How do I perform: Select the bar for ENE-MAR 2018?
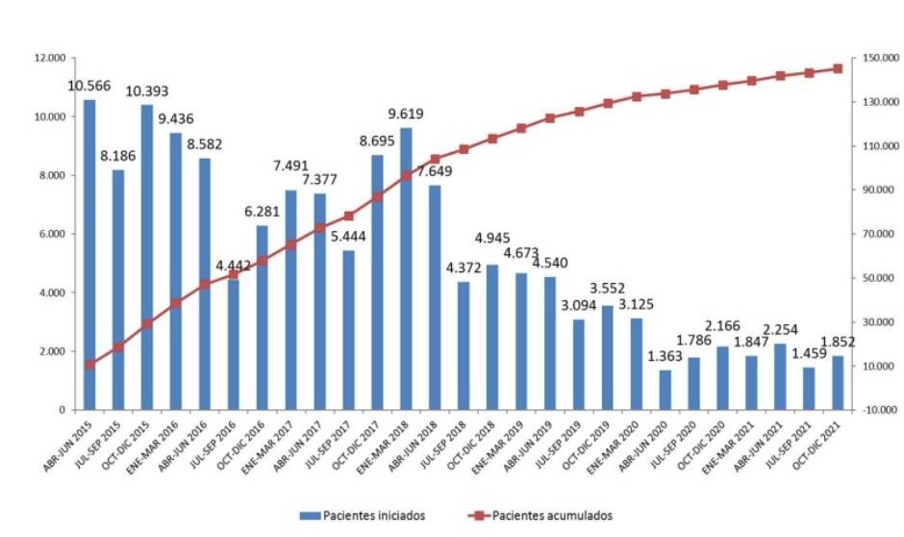tap(406, 269)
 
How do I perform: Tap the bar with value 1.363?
tap(665, 390)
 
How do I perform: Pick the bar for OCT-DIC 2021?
tap(838, 383)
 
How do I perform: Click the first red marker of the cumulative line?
tap(89, 365)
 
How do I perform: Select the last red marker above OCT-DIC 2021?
tap(838, 68)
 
